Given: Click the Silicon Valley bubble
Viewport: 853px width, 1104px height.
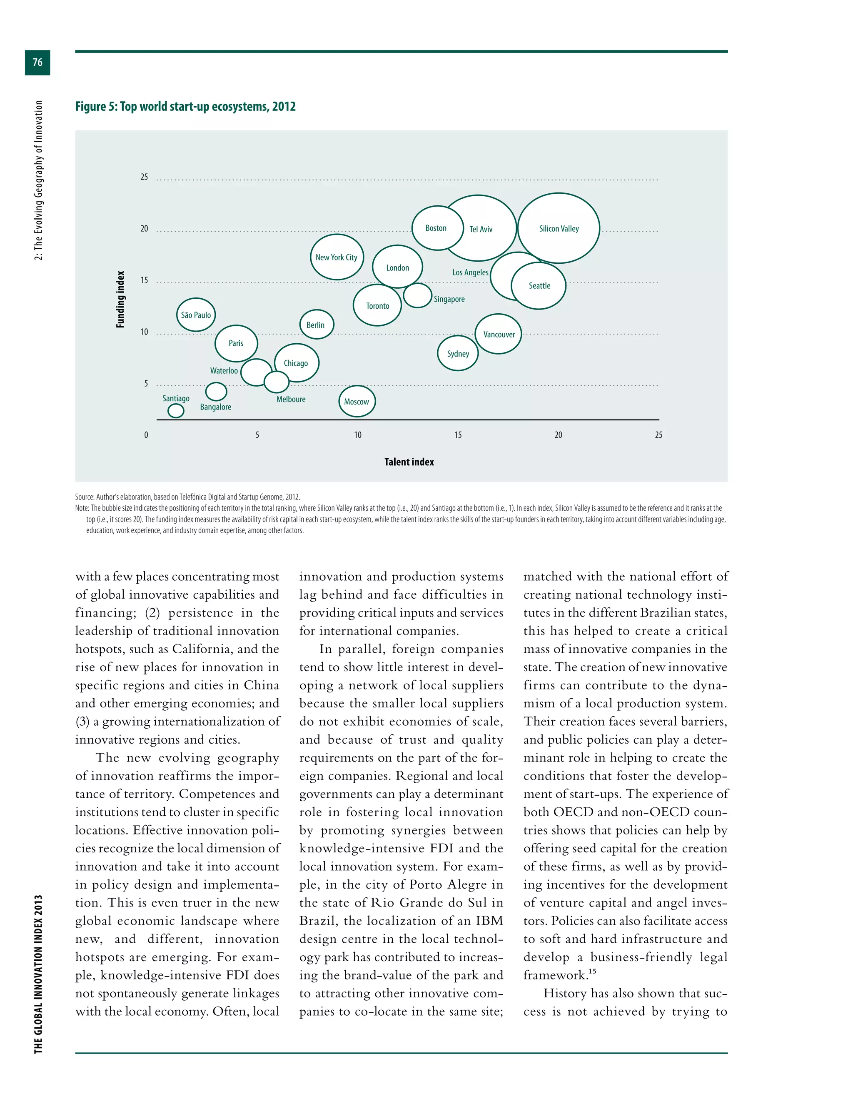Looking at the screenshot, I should [x=559, y=228].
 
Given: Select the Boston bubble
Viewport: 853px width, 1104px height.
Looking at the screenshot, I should [x=436, y=228].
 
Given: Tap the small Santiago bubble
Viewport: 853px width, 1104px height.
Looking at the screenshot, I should [x=176, y=410].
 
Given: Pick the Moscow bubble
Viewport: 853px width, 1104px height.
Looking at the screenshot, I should [x=357, y=401].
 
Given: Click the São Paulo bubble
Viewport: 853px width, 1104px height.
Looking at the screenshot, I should [x=196, y=315].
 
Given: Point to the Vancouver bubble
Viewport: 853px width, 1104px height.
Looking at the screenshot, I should [x=499, y=334].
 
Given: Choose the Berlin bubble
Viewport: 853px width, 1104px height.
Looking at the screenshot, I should [x=316, y=325].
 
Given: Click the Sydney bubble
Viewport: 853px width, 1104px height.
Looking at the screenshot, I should [x=458, y=353].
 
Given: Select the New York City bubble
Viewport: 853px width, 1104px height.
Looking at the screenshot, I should [x=337, y=257].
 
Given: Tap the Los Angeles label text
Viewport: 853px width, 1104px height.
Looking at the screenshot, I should [x=470, y=272].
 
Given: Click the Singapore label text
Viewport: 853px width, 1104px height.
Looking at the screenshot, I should [x=449, y=299].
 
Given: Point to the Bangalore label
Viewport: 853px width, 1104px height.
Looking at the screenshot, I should [x=215, y=407].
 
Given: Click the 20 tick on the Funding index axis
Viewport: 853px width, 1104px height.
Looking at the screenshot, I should [x=145, y=228].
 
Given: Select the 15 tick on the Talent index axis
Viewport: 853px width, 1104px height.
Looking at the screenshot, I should [x=458, y=435].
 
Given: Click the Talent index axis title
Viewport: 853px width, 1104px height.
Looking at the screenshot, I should [x=409, y=462].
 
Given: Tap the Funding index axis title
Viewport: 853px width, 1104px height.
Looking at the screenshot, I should [x=120, y=299].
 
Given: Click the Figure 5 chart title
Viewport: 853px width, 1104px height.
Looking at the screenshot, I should [x=185, y=107].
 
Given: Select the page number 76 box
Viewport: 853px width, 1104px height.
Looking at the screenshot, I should [x=37, y=62].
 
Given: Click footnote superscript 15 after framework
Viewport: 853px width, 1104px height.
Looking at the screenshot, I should [x=592, y=971].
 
